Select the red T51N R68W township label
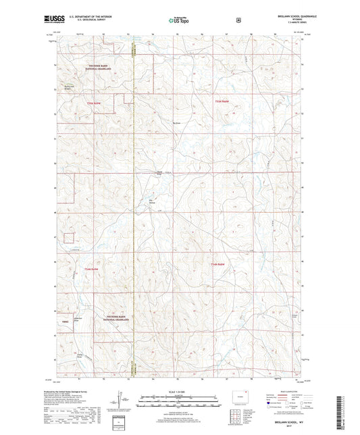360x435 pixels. tap(223, 101)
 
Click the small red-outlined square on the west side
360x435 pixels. tap(70, 237)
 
